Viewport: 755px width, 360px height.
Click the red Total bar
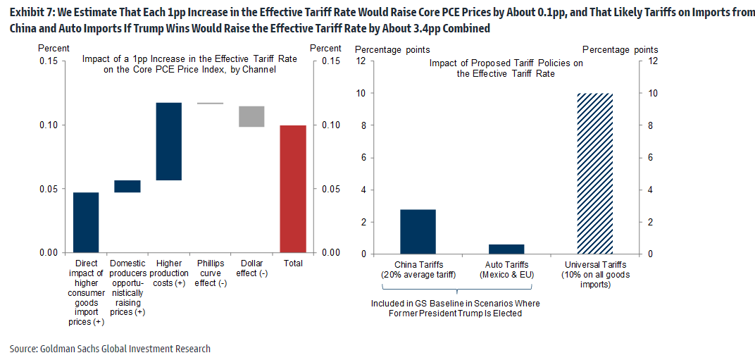click(x=293, y=189)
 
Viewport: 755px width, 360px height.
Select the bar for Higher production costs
click(x=169, y=141)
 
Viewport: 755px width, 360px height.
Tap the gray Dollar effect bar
click(x=251, y=116)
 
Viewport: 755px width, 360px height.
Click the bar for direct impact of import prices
click(x=86, y=222)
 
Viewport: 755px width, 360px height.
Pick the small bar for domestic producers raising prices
click(x=127, y=186)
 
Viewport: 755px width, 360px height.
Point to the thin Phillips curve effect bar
click(x=210, y=104)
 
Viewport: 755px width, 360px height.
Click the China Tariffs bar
click(x=418, y=231)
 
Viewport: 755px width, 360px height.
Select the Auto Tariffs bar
click(x=506, y=249)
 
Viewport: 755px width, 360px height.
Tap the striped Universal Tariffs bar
click(x=595, y=173)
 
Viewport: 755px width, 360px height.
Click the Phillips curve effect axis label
click(x=210, y=273)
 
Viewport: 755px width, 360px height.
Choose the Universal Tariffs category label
click(x=595, y=275)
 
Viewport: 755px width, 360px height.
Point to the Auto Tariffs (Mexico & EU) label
click(x=506, y=269)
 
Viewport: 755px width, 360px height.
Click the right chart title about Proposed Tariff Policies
click(x=506, y=68)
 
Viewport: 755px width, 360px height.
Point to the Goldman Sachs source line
click(x=110, y=349)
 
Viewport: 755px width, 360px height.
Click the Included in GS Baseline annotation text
click(x=456, y=309)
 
